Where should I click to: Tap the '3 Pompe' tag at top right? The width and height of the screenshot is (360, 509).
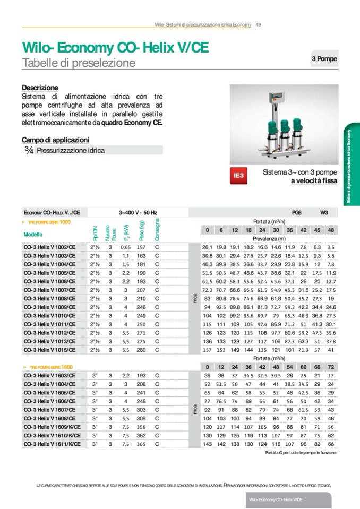(x=324, y=59)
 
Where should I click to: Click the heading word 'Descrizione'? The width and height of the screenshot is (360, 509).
(x=40, y=88)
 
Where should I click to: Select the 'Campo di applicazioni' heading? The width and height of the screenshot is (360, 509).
(x=55, y=140)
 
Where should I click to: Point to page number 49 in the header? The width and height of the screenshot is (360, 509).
(x=258, y=24)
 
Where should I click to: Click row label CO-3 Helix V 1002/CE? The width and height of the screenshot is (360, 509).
(x=50, y=247)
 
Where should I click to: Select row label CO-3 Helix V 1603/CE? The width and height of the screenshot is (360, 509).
(x=50, y=375)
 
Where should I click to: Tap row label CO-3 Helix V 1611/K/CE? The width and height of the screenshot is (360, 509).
(x=52, y=443)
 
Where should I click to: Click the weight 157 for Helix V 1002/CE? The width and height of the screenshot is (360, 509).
(x=141, y=247)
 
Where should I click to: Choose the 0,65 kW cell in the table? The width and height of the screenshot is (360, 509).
(x=125, y=247)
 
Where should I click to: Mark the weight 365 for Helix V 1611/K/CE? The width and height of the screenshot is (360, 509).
(x=141, y=443)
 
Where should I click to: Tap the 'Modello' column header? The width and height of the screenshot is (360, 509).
(x=33, y=234)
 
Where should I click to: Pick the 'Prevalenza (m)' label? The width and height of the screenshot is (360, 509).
(x=268, y=238)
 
